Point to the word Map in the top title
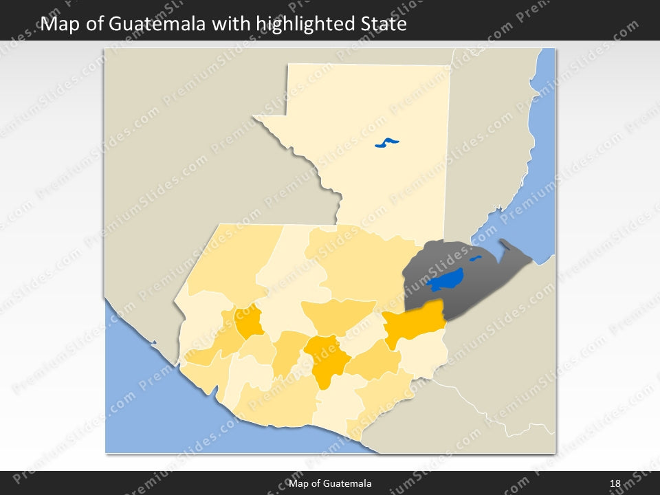(57, 25)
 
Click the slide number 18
(615, 484)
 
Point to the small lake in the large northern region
(387, 143)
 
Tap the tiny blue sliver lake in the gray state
(475, 258)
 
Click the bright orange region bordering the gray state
(412, 323)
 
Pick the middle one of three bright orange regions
(325, 357)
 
